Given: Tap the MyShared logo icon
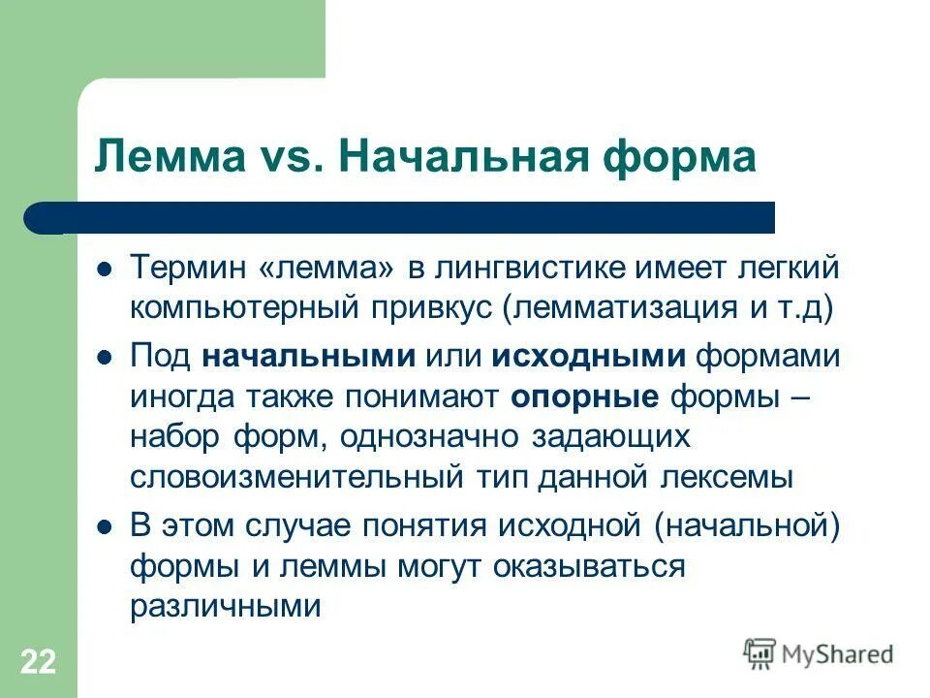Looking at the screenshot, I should (x=760, y=652).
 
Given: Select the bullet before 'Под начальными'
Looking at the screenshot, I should (x=107, y=357).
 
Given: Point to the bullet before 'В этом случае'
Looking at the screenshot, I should (x=107, y=527).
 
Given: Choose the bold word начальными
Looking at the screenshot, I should (x=309, y=355).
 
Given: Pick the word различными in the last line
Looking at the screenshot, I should (x=224, y=607).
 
